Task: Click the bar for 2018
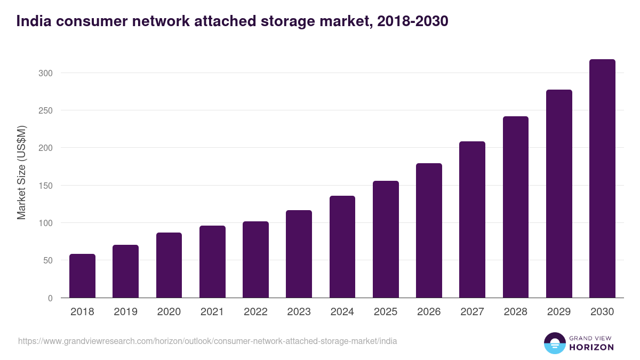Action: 82,276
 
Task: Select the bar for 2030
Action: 602,179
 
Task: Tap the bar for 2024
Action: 342,247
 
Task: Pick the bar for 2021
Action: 212,262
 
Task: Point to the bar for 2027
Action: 472,220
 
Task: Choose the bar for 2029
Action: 559,194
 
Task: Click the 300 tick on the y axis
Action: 46,73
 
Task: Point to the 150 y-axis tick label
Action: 46,186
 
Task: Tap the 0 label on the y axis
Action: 50,298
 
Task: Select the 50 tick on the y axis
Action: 48,260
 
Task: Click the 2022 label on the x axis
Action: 255,312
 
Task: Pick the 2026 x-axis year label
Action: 429,312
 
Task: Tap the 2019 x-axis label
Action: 125,312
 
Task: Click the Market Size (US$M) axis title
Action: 21,173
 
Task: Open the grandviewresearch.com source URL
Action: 207,341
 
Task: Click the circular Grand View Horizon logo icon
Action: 555,343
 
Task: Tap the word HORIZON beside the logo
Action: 591,347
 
